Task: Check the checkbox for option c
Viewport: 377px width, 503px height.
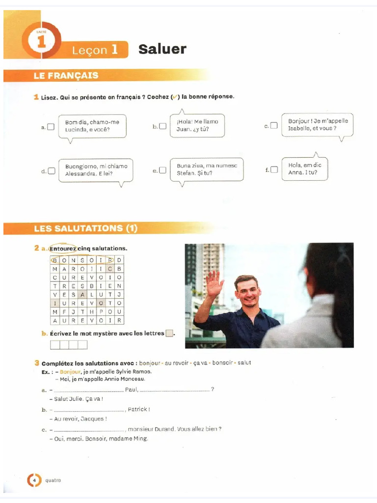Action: click(274, 126)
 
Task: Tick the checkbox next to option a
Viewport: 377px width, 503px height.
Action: click(51, 127)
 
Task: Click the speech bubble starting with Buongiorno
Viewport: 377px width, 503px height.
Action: click(96, 170)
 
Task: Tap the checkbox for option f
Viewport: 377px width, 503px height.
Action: click(274, 169)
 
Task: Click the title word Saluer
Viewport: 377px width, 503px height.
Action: click(162, 49)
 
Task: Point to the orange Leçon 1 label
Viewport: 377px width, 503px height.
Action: click(95, 50)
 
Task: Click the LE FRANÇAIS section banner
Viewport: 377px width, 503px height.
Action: click(66, 76)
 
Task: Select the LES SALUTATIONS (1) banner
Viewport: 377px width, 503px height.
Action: click(86, 228)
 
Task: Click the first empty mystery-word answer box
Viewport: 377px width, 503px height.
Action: click(54, 345)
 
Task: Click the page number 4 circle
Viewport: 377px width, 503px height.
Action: click(34, 480)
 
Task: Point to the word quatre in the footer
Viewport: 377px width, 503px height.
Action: click(53, 480)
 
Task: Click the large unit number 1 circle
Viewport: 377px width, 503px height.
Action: click(41, 42)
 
